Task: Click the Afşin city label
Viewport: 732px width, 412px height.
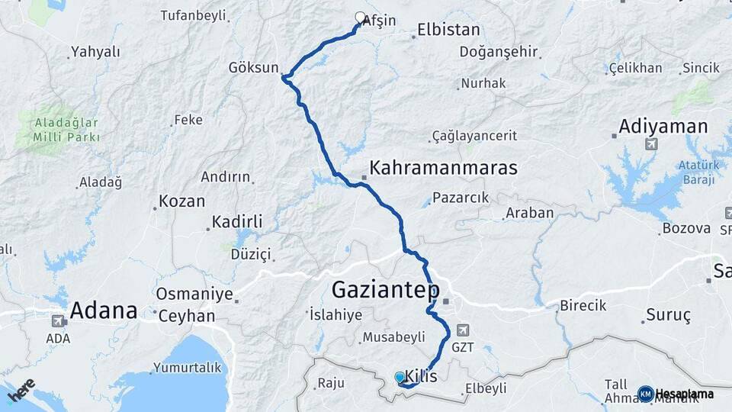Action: (380, 21)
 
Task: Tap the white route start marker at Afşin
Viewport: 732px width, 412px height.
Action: (361, 17)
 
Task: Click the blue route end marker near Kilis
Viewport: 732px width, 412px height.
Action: (400, 377)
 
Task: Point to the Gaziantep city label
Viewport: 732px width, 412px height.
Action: (386, 290)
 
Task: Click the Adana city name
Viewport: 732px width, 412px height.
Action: (104, 311)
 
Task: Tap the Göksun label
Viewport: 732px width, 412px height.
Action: (254, 67)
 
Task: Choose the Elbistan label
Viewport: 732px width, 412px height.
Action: (448, 31)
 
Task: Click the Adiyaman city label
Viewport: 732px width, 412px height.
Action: (663, 126)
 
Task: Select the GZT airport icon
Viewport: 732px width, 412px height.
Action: (462, 330)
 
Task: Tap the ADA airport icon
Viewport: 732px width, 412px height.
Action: (58, 321)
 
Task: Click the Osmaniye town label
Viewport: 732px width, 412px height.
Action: (194, 294)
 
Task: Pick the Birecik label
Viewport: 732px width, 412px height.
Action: (583, 305)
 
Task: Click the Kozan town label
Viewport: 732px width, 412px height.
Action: (181, 201)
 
